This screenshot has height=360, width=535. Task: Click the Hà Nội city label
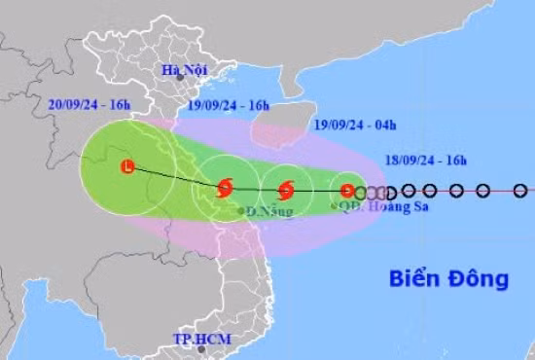pos(183,69)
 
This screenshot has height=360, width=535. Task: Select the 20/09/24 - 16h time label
pos(86,104)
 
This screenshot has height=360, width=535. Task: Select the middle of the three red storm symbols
pos(286,191)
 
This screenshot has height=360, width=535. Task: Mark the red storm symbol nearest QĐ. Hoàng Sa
pos(347,191)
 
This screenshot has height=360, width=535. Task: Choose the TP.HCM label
pos(198,339)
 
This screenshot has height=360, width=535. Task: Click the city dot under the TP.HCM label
pos(196,352)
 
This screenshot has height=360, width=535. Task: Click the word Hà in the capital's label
pos(171,69)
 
